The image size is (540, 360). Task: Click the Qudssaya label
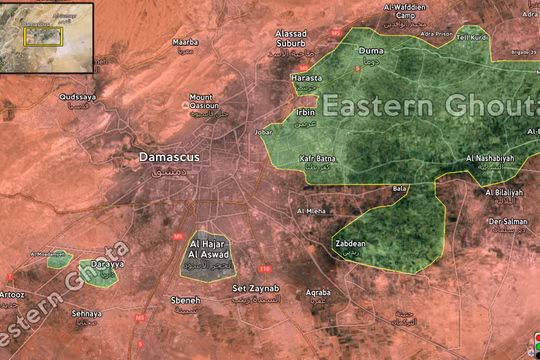pyautogui.click(x=79, y=98)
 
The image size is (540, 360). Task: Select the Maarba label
pyautogui.click(x=185, y=43)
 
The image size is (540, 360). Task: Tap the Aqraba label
pyautogui.click(x=318, y=292)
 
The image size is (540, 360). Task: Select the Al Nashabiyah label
pyautogui.click(x=490, y=159)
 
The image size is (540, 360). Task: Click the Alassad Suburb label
pyautogui.click(x=298, y=38)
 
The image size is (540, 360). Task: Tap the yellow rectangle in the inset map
pyautogui.click(x=44, y=36)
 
